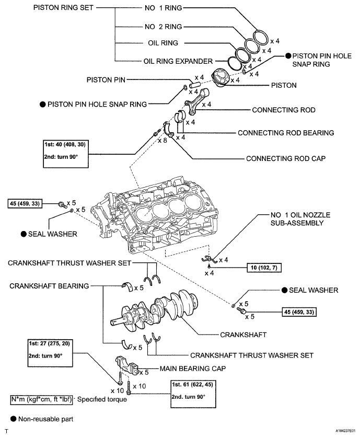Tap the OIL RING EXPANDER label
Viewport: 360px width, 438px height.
(178, 61)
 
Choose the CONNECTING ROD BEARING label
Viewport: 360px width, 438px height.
(286, 133)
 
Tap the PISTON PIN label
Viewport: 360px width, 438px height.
(105, 80)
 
